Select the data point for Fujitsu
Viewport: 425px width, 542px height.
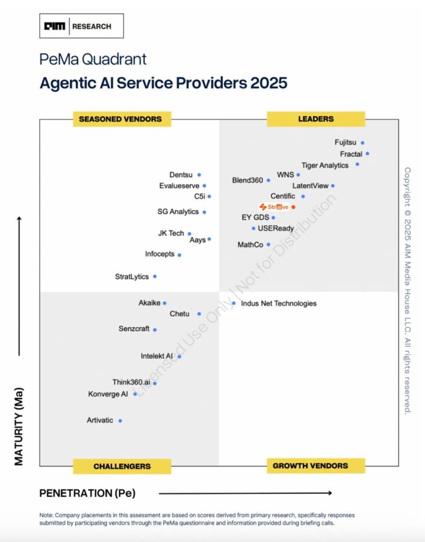pyautogui.click(x=362, y=143)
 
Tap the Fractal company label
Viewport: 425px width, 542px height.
pyautogui.click(x=351, y=154)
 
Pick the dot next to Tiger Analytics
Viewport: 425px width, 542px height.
pyautogui.click(x=358, y=164)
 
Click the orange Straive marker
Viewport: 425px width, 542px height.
pyautogui.click(x=293, y=207)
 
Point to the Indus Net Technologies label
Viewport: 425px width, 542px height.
pyautogui.click(x=278, y=304)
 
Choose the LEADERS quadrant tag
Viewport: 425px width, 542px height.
pyautogui.click(x=315, y=119)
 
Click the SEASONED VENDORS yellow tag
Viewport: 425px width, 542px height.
pyautogui.click(x=120, y=119)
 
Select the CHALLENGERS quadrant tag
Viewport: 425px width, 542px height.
pyautogui.click(x=122, y=466)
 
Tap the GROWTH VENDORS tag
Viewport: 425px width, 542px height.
pyautogui.click(x=310, y=466)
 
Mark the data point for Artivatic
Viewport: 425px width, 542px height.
pyautogui.click(x=120, y=420)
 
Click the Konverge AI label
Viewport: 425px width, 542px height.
pyautogui.click(x=108, y=394)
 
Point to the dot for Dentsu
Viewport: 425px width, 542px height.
pyautogui.click(x=199, y=175)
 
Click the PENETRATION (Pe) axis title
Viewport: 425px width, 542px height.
pyautogui.click(x=87, y=493)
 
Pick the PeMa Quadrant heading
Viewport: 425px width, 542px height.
pyautogui.click(x=93, y=59)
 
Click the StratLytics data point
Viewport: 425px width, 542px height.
pyautogui.click(x=155, y=276)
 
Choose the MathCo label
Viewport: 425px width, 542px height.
pyautogui.click(x=250, y=245)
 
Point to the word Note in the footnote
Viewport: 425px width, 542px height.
pyautogui.click(x=46, y=515)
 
